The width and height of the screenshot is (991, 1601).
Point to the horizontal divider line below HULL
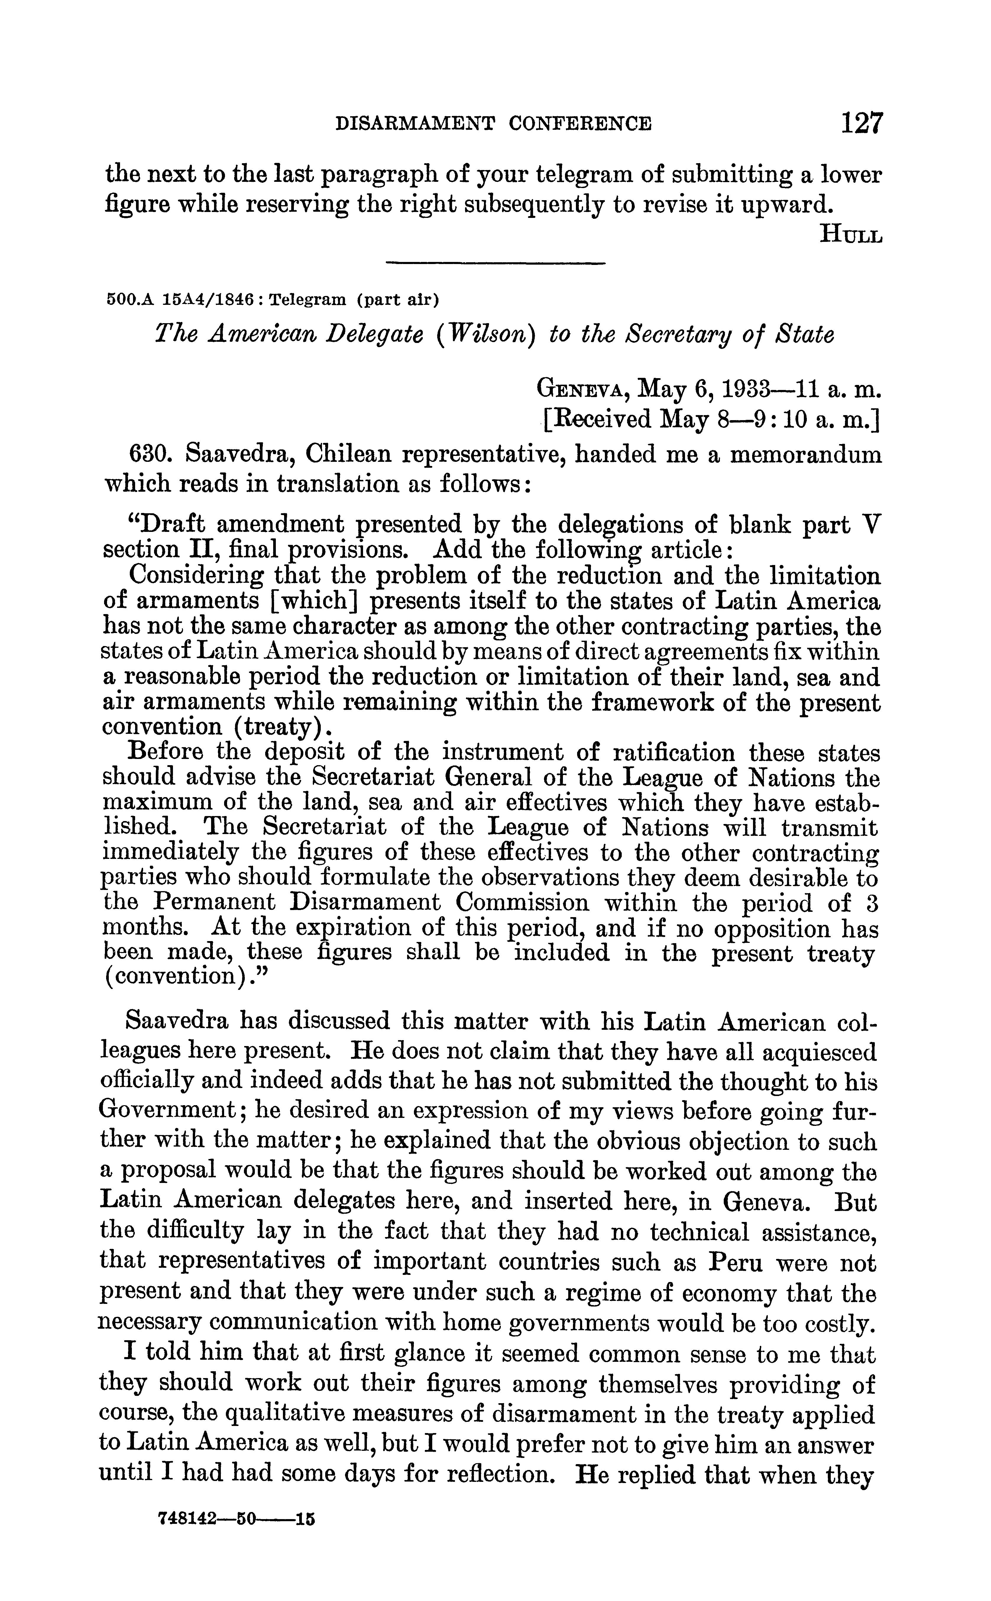tap(495, 263)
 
